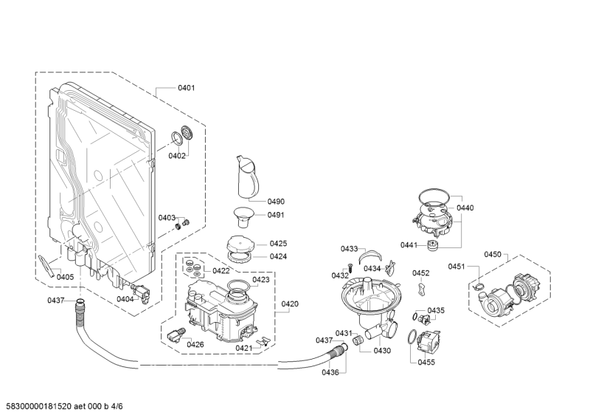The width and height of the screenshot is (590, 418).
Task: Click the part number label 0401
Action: pos(187,88)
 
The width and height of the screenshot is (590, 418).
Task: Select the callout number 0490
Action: pos(276,202)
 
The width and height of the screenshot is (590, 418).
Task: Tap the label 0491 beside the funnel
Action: pos(276,215)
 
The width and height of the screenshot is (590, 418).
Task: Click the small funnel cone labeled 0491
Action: pos(243,216)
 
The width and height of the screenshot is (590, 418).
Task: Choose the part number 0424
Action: pos(278,256)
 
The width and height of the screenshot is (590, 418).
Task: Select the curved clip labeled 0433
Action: pos(370,256)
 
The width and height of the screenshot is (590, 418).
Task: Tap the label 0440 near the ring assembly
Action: pos(465,208)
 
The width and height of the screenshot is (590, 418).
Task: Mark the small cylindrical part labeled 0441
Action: pos(434,244)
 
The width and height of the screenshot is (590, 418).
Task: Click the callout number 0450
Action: pos(493,254)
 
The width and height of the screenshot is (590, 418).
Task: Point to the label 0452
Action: pos(420,273)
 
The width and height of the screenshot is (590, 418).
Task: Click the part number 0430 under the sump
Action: pos(382,351)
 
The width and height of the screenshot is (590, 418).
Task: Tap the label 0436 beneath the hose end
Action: pos(330,372)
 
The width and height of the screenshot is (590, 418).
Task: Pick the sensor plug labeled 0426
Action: pos(176,335)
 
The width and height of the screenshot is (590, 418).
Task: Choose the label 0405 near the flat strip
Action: pos(65,278)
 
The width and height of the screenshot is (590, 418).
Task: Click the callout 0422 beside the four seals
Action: pos(221,270)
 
